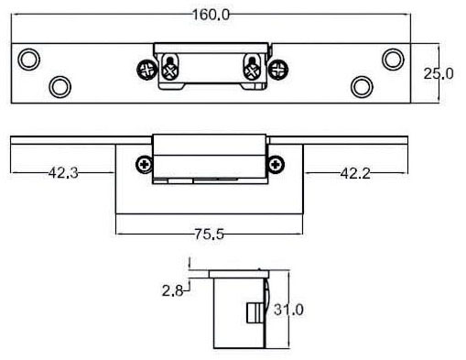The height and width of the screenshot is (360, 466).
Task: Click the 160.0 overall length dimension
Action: [x=211, y=15]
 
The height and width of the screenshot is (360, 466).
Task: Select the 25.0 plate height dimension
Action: [x=439, y=73]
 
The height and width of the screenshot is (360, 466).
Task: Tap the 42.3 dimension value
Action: [x=63, y=173]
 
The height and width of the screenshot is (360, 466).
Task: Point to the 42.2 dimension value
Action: [x=355, y=173]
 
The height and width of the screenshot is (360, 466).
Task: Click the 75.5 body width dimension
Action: [x=210, y=235]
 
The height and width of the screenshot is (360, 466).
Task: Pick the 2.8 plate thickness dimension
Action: [x=172, y=290]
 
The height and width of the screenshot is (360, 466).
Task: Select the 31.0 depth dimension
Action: [x=288, y=310]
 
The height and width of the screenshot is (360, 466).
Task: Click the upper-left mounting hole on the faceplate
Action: [x=29, y=60]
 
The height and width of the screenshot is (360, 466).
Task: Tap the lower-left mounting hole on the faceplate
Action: [x=60, y=87]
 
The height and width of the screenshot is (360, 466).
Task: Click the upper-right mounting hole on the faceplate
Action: [x=393, y=60]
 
